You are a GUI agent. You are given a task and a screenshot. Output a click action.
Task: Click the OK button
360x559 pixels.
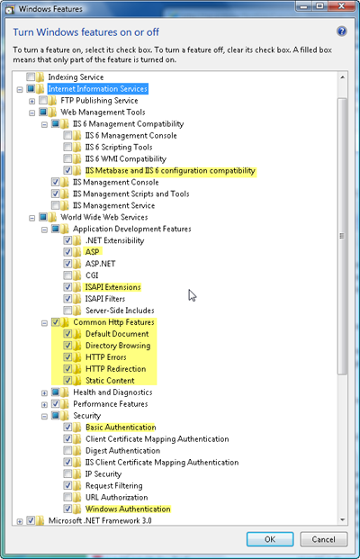(270, 539)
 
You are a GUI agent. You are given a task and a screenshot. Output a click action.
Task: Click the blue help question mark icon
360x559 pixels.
(341, 32)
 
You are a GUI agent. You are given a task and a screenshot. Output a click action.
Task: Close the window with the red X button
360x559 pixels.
(341, 6)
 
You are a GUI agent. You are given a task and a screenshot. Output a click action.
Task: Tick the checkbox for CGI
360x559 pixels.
(67, 275)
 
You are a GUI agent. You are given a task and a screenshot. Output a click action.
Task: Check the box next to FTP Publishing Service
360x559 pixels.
(43, 100)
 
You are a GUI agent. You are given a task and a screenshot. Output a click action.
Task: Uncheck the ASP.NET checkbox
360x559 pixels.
(67, 264)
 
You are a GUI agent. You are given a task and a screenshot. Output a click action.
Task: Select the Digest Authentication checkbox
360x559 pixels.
(67, 450)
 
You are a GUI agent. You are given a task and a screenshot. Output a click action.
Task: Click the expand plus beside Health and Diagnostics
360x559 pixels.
(44, 392)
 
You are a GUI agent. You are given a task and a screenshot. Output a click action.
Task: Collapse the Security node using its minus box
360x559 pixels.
(44, 416)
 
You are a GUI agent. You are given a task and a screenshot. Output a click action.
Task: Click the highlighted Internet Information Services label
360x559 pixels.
(98, 89)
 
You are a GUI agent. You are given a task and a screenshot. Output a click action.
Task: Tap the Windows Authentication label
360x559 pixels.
(128, 509)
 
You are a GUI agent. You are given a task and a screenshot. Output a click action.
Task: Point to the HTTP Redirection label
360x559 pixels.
(116, 369)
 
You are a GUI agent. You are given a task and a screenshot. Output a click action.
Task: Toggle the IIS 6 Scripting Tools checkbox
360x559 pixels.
(67, 147)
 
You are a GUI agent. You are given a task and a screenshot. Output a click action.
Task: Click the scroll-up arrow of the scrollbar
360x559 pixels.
(342, 77)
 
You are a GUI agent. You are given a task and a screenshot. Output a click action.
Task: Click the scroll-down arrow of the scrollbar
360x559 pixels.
(342, 519)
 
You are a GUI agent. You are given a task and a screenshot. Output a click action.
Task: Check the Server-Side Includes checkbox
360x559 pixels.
(67, 311)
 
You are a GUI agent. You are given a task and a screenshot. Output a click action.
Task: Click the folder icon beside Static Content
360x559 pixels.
(77, 381)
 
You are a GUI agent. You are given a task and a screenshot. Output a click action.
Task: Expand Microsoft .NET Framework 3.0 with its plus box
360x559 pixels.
(20, 521)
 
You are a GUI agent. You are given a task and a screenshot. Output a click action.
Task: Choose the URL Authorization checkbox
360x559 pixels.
(67, 497)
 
